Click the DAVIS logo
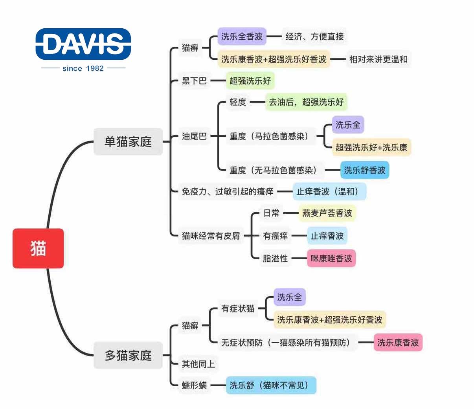(83, 44)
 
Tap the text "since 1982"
(83, 68)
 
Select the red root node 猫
(38, 248)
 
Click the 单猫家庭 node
(128, 141)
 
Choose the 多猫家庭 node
(128, 355)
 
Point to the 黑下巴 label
(194, 81)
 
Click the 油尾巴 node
(194, 136)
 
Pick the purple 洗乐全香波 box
(242, 37)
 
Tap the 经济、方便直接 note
(314, 37)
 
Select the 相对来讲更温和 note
(378, 59)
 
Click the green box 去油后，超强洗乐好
(306, 102)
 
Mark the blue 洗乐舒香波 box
(364, 170)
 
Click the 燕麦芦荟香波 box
(327, 213)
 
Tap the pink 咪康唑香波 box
(331, 259)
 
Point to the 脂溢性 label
(275, 259)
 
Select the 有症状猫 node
(237, 309)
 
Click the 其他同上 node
(198, 364)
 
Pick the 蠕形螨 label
(194, 385)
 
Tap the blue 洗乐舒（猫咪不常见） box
(271, 385)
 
